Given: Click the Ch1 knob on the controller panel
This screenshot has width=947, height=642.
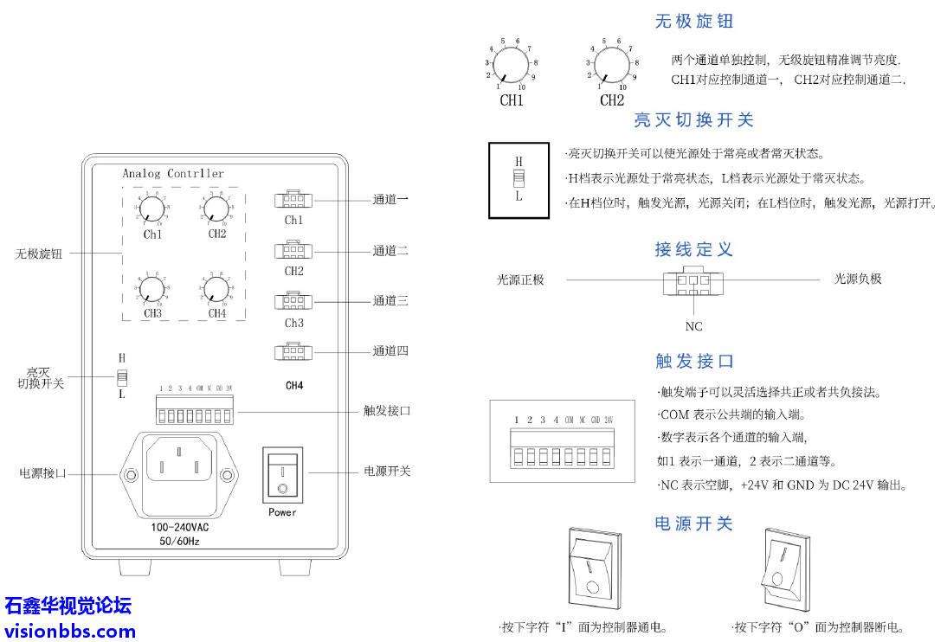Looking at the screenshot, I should click(151, 209).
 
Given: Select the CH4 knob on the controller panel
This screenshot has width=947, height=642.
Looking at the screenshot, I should click(216, 288).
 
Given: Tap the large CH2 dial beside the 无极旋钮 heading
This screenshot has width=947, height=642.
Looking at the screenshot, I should click(612, 64).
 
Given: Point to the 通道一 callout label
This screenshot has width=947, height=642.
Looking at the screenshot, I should click(390, 200).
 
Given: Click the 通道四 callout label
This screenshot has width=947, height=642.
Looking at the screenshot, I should click(390, 351).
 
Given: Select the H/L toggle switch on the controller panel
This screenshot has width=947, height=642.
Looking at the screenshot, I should click(122, 377).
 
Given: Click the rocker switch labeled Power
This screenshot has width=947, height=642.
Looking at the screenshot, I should click(282, 475).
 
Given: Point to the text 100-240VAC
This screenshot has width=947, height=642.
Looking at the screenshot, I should click(180, 527).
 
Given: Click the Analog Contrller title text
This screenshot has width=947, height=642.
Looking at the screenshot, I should click(173, 174).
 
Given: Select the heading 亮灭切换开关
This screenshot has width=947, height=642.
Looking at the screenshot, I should click(693, 120).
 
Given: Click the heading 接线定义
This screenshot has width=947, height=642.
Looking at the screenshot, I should click(693, 250).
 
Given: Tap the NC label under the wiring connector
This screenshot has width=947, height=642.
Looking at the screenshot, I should click(693, 326).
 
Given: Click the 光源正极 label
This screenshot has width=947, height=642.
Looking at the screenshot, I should click(520, 279).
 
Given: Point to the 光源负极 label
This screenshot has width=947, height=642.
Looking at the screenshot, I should click(858, 279).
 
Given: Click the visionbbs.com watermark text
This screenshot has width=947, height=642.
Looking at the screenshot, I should click(70, 631).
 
